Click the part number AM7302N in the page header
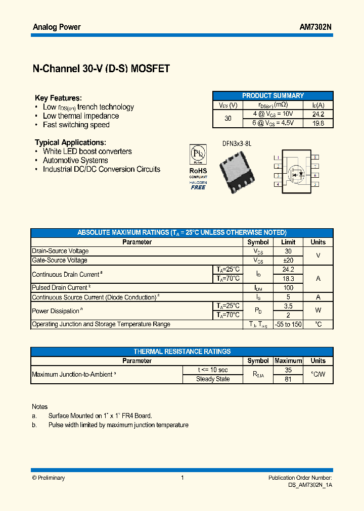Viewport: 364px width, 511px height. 315,27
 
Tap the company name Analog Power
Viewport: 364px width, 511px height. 57,27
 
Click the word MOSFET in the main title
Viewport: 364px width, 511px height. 150,69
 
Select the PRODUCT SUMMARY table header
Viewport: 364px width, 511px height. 273,95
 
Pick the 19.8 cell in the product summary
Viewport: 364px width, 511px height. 318,123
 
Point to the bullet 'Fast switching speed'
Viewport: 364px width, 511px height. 76,125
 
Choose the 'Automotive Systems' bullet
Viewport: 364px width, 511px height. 75,160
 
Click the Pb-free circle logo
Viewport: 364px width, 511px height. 198,153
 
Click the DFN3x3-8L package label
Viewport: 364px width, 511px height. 237,144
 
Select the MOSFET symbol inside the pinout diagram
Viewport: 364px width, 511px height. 296,172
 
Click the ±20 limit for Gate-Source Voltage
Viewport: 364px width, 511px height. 288,260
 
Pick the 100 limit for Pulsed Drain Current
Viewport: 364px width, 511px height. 288,288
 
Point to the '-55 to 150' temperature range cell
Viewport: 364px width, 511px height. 288,324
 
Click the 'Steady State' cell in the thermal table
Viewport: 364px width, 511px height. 213,379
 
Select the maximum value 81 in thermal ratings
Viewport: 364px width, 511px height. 288,379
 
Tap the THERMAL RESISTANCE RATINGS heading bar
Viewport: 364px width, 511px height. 182,351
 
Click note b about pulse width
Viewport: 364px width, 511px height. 118,425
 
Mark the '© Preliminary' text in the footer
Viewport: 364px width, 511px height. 49,478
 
